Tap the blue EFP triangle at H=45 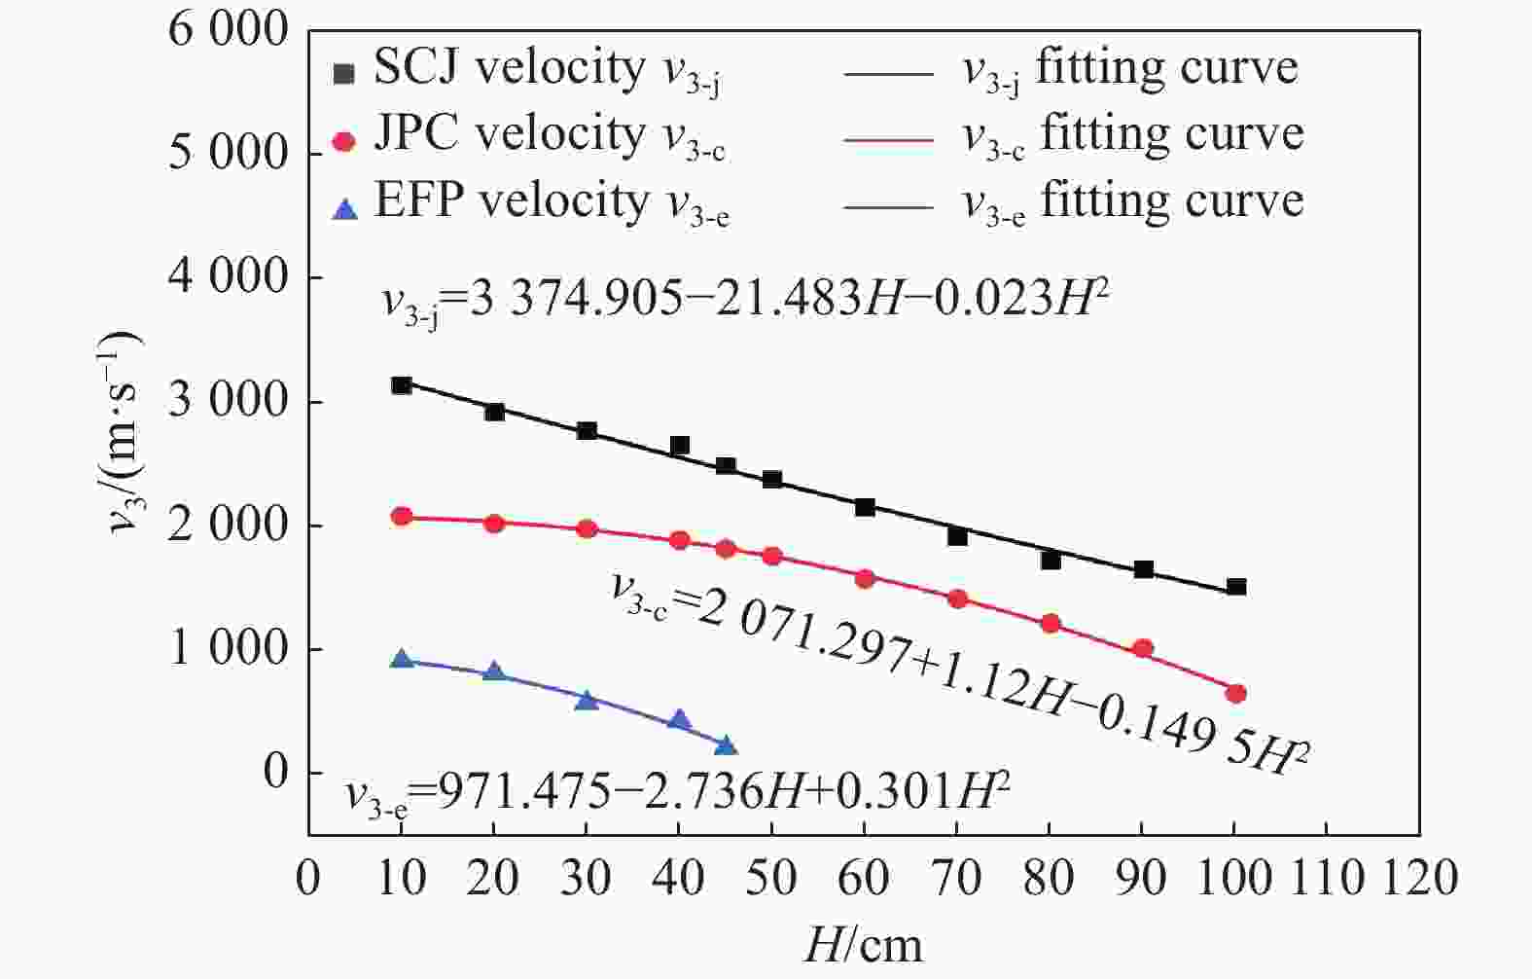(x=726, y=746)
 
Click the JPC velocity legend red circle (x=343, y=141)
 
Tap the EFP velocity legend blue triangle (x=343, y=208)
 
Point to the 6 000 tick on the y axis (x=229, y=30)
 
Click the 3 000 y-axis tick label (x=229, y=402)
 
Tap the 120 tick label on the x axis (x=1420, y=879)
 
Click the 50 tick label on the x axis (x=771, y=879)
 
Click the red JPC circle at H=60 (x=865, y=579)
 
